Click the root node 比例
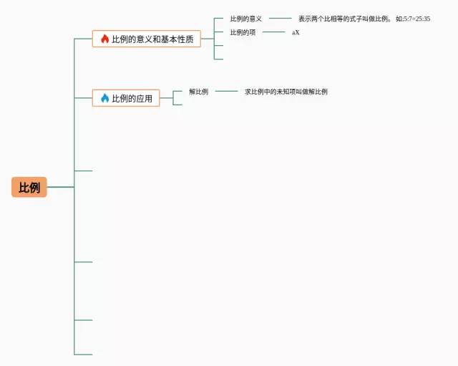29,188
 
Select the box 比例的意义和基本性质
146,39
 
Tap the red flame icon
104,39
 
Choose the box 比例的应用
126,98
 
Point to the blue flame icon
104,98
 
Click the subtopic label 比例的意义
245,19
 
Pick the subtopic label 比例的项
243,32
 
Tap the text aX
296,32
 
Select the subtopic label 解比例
198,92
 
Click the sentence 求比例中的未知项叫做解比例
286,92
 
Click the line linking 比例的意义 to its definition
281,19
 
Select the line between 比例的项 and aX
274,32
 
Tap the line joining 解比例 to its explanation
226,92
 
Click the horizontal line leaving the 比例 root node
61,187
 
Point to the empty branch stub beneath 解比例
178,105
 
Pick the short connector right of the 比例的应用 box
167,98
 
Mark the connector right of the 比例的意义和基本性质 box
208,39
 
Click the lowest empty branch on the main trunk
84,354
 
